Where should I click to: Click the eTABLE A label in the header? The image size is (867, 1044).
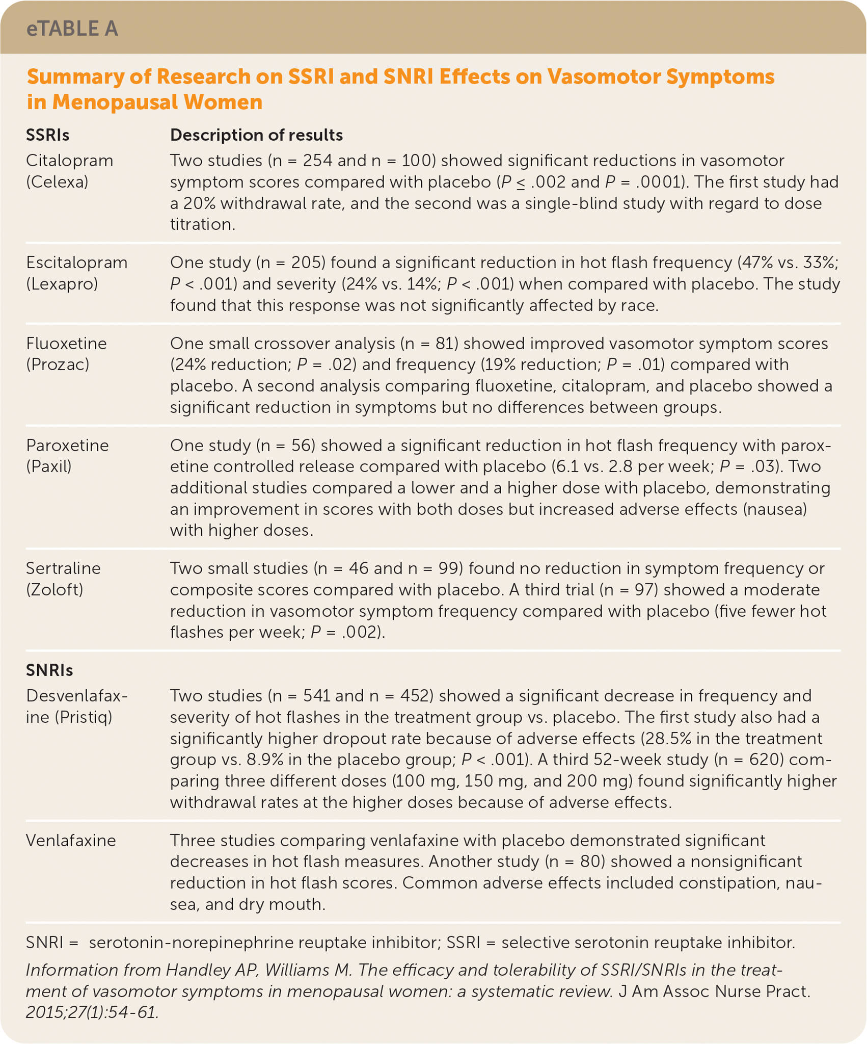click(72, 29)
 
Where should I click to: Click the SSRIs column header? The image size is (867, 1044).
click(48, 135)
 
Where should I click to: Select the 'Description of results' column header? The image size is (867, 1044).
click(256, 135)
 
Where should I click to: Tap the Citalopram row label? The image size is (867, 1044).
click(70, 161)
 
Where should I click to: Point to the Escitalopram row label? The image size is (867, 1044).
click(77, 263)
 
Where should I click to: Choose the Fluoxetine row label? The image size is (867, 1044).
click(67, 344)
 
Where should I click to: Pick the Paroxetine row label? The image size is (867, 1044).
click(68, 446)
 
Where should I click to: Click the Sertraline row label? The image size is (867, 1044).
click(64, 568)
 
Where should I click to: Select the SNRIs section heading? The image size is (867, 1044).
click(49, 670)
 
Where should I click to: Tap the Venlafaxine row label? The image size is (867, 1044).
click(71, 840)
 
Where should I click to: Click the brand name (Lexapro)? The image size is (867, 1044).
click(62, 284)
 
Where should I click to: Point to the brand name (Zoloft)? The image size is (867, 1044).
click(56, 590)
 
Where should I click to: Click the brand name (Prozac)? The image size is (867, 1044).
click(58, 365)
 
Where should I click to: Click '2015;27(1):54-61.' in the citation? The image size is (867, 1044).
click(92, 1012)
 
